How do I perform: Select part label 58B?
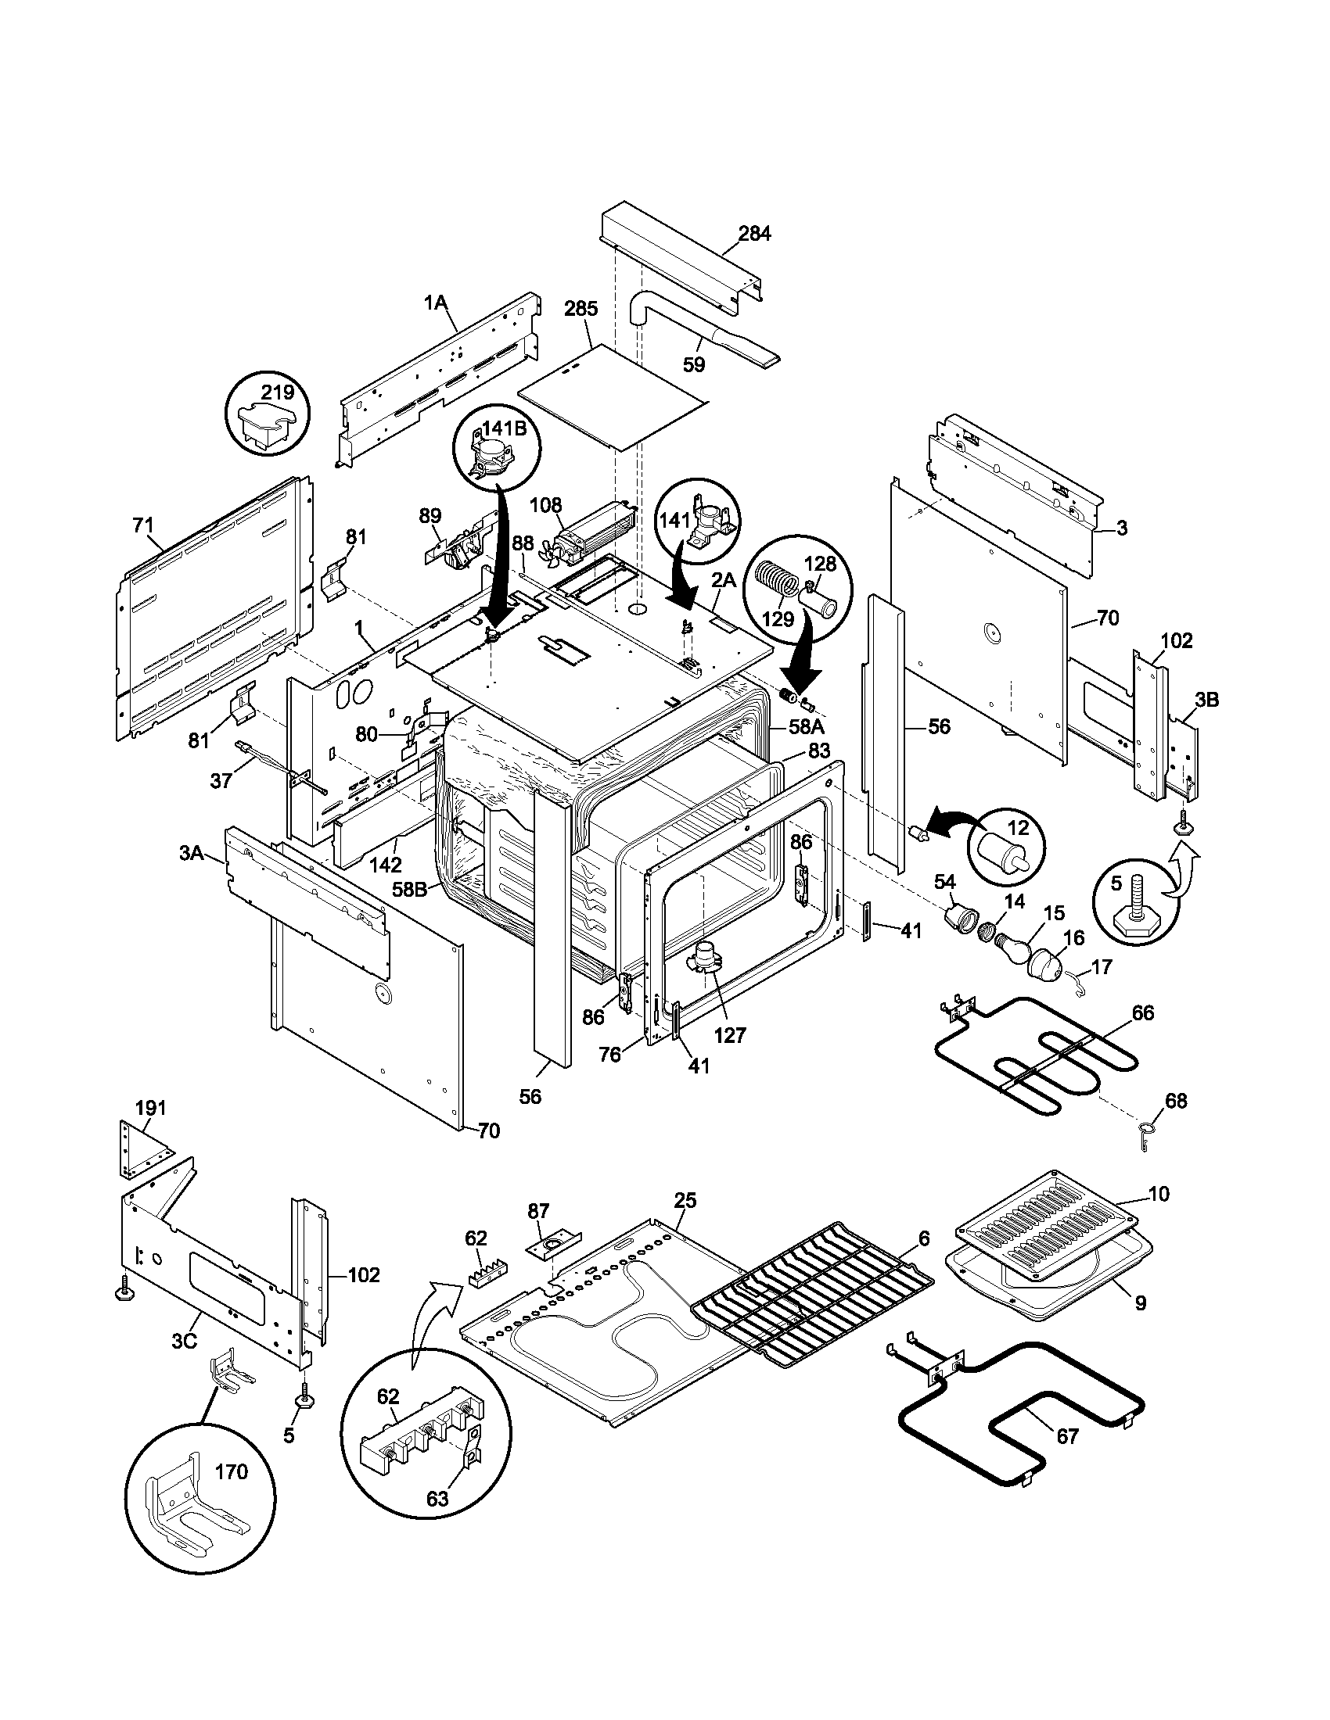pos(410,889)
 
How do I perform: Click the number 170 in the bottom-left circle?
pos(232,1471)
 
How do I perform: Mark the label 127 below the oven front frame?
pos(731,1036)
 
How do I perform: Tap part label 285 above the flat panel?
pos(581,309)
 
